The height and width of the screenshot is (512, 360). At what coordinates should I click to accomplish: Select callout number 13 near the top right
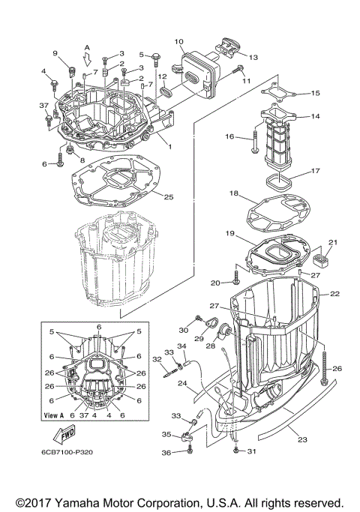click(x=252, y=57)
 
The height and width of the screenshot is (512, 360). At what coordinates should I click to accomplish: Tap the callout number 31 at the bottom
click(x=251, y=451)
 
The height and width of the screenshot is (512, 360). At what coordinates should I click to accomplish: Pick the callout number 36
click(x=167, y=452)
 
